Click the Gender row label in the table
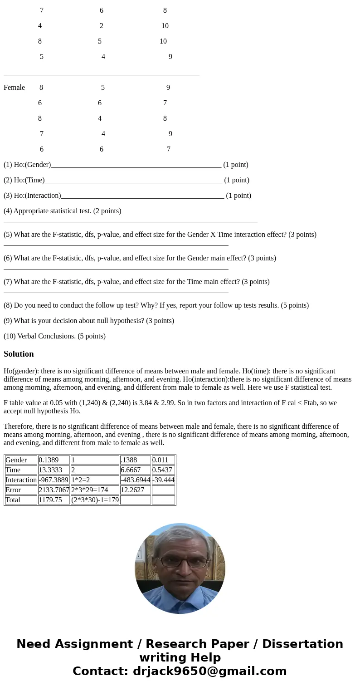click(16, 460)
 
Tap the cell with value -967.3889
click(53, 480)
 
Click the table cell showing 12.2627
click(132, 490)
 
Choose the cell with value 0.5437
click(163, 470)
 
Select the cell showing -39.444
click(163, 480)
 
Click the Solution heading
click(19, 354)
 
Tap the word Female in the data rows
click(14, 88)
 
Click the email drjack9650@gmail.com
click(209, 671)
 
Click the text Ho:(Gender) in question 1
click(32, 165)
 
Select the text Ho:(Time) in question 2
click(29, 180)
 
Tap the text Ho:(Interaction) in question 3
click(37, 196)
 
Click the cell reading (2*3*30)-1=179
click(95, 500)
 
